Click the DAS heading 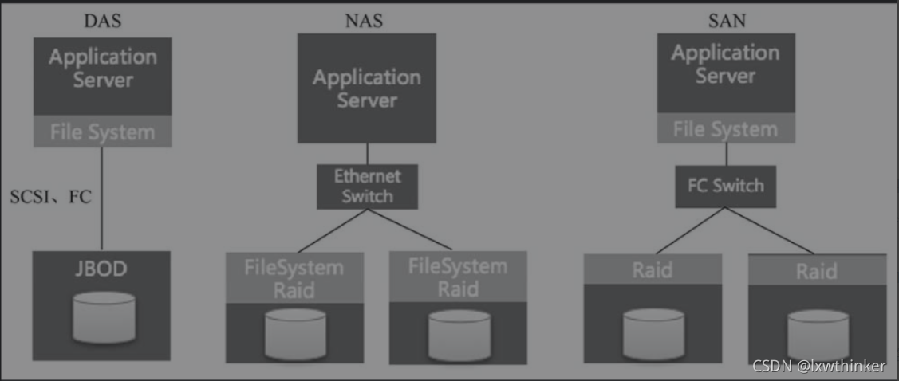tap(102, 21)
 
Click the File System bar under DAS tap(102, 132)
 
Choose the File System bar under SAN tap(725, 128)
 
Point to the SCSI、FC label tap(51, 197)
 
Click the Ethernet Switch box tap(367, 187)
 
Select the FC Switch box tap(725, 187)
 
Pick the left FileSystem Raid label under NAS tap(294, 277)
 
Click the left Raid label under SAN tap(653, 269)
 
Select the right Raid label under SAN tap(817, 272)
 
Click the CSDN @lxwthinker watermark tap(818, 366)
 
